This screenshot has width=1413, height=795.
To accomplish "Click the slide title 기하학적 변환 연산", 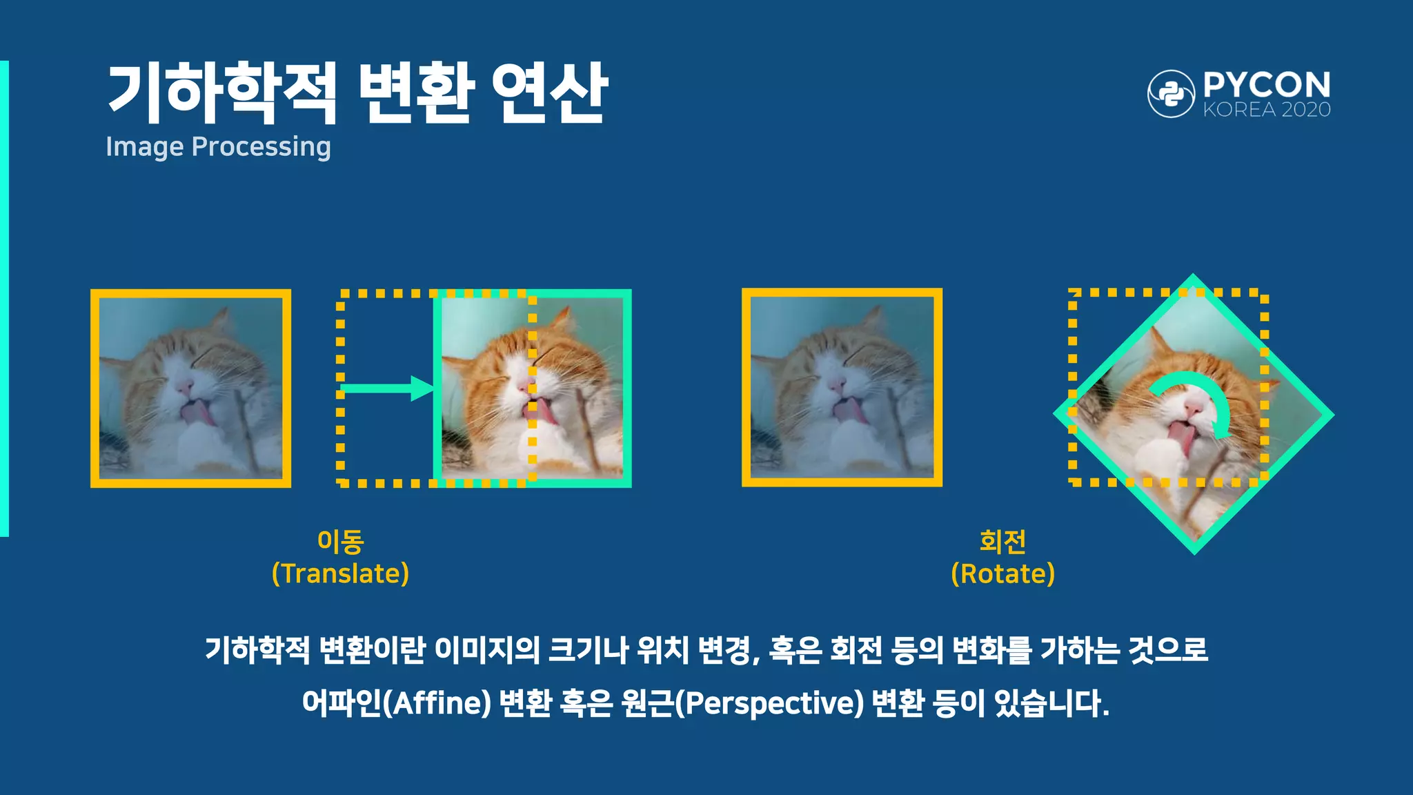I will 357,92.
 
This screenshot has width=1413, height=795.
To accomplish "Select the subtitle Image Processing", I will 218,147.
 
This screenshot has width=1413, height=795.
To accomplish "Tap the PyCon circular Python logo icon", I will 1171,93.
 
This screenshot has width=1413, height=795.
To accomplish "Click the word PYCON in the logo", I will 1267,86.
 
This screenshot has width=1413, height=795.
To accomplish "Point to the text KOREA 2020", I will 1267,110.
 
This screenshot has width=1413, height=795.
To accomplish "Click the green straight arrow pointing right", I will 386,389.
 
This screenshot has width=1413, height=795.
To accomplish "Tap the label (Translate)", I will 340,574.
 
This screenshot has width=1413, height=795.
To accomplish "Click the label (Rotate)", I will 1002,574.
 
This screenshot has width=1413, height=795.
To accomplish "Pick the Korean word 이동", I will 340,542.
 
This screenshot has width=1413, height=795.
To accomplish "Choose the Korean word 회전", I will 1002,542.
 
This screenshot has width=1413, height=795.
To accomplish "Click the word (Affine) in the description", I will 437,703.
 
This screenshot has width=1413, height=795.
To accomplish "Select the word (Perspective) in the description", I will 769,703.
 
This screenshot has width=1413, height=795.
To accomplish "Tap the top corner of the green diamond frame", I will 1193,277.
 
